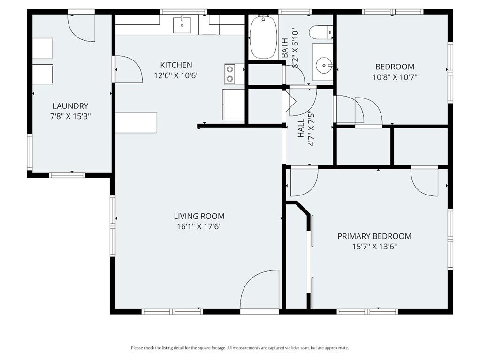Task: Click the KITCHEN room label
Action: coord(176,65)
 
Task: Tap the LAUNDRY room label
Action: coord(70,106)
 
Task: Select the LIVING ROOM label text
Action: coord(199,216)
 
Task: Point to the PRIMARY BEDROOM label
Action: coord(374,236)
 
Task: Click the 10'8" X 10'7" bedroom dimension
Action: coord(395,77)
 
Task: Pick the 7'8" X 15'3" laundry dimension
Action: coord(70,117)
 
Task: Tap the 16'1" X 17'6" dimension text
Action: coord(199,227)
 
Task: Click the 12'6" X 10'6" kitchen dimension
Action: coord(176,75)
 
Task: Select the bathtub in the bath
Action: coord(263,37)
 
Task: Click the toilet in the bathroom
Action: coord(320,32)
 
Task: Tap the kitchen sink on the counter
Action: coord(182,25)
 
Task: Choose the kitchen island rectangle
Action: coord(136,123)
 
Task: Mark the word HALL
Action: coord(301,128)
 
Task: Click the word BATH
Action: coord(285,48)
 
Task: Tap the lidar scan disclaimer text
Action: coord(240,348)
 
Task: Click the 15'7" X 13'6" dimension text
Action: coord(374,247)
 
